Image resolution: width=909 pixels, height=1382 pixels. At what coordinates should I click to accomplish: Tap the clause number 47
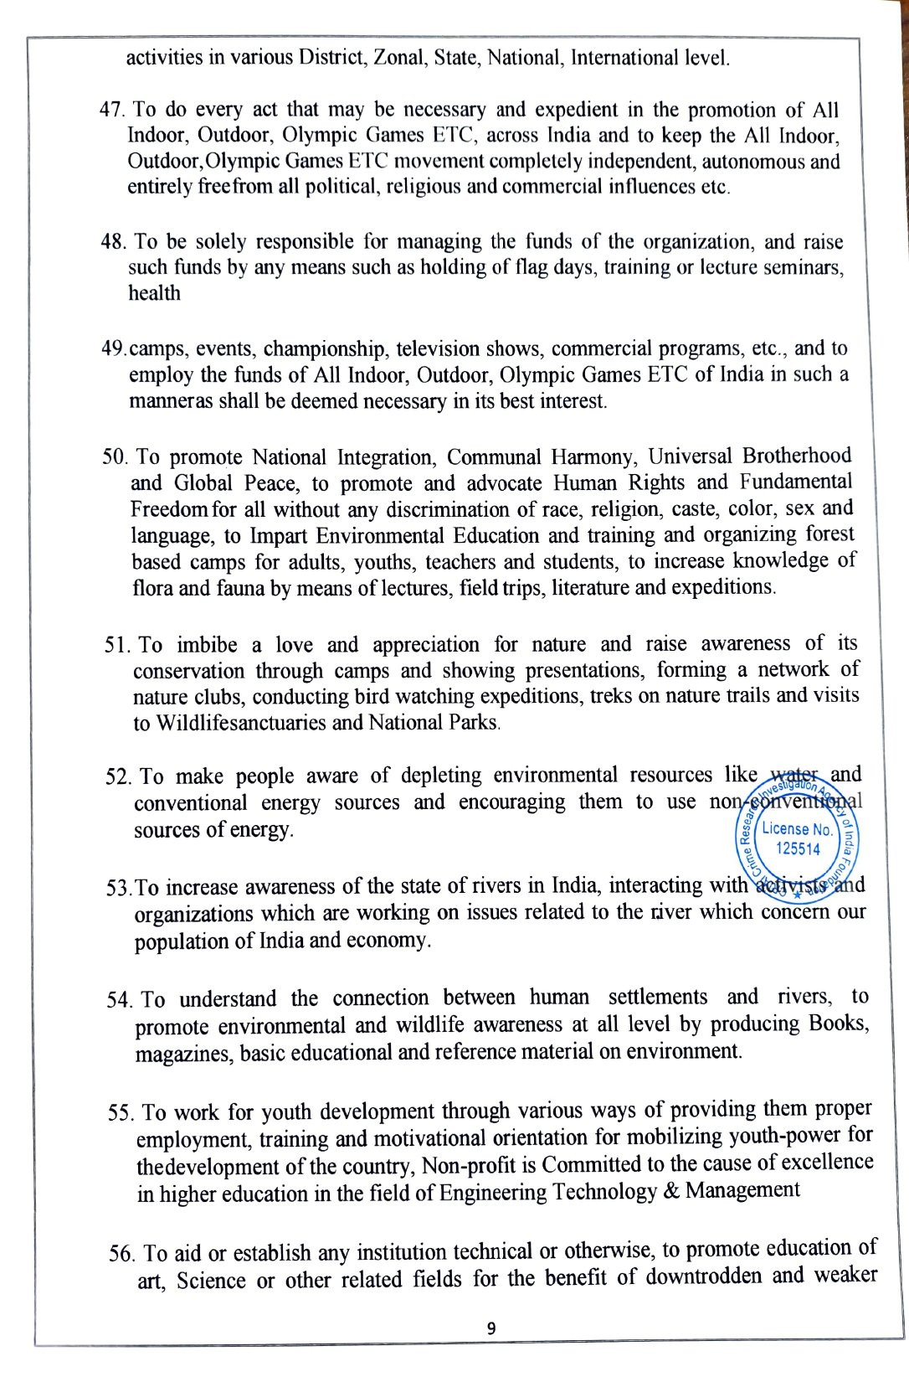[113, 111]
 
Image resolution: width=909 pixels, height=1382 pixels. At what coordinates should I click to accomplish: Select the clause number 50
[115, 457]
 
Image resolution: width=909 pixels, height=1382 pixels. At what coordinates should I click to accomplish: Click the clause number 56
[122, 1254]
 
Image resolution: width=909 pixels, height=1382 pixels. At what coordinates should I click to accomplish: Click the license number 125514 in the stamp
[799, 848]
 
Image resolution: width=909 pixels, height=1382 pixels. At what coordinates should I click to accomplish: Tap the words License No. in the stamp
[798, 829]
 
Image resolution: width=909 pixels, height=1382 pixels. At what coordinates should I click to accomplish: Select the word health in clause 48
[154, 293]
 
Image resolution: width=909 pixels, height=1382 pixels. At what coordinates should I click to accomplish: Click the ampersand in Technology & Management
[670, 1190]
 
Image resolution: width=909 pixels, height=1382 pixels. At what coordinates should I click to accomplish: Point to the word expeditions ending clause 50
[719, 586]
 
